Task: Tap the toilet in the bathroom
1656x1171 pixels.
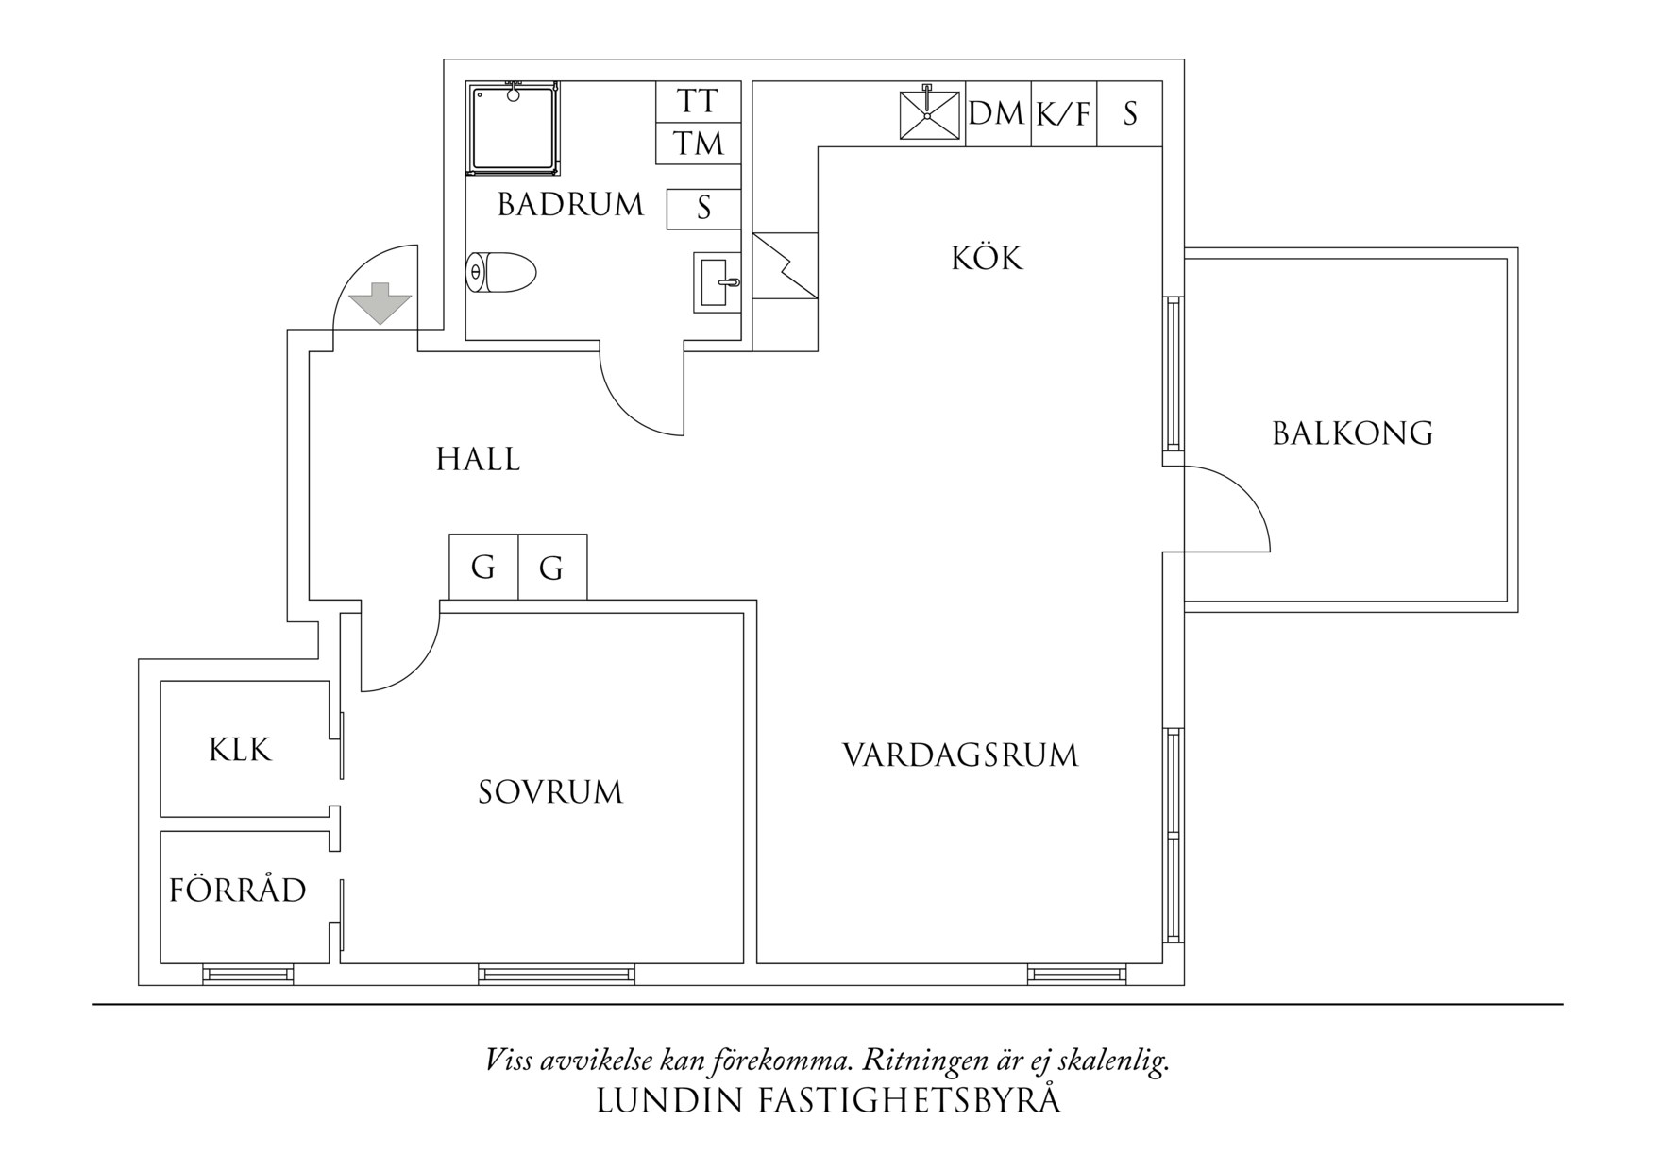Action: (501, 273)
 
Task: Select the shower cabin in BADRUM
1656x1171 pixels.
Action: (513, 128)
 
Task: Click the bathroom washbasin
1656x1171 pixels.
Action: (717, 281)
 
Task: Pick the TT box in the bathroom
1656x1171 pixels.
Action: (698, 101)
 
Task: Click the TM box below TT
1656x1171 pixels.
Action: (698, 144)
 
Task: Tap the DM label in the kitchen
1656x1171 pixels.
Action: (997, 114)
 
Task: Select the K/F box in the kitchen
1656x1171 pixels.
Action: (1063, 115)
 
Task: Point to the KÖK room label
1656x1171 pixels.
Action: (987, 258)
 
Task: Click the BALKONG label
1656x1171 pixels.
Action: (1352, 433)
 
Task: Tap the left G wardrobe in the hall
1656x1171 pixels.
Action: (483, 568)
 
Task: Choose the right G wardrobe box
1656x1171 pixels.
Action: (552, 568)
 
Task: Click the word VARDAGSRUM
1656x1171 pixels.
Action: (959, 755)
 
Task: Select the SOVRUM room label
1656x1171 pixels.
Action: (550, 791)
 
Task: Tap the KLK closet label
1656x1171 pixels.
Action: (240, 750)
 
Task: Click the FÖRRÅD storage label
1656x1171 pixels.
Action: (238, 890)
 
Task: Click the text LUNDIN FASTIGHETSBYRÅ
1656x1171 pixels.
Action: (828, 1100)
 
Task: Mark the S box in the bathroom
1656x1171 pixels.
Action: (703, 208)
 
